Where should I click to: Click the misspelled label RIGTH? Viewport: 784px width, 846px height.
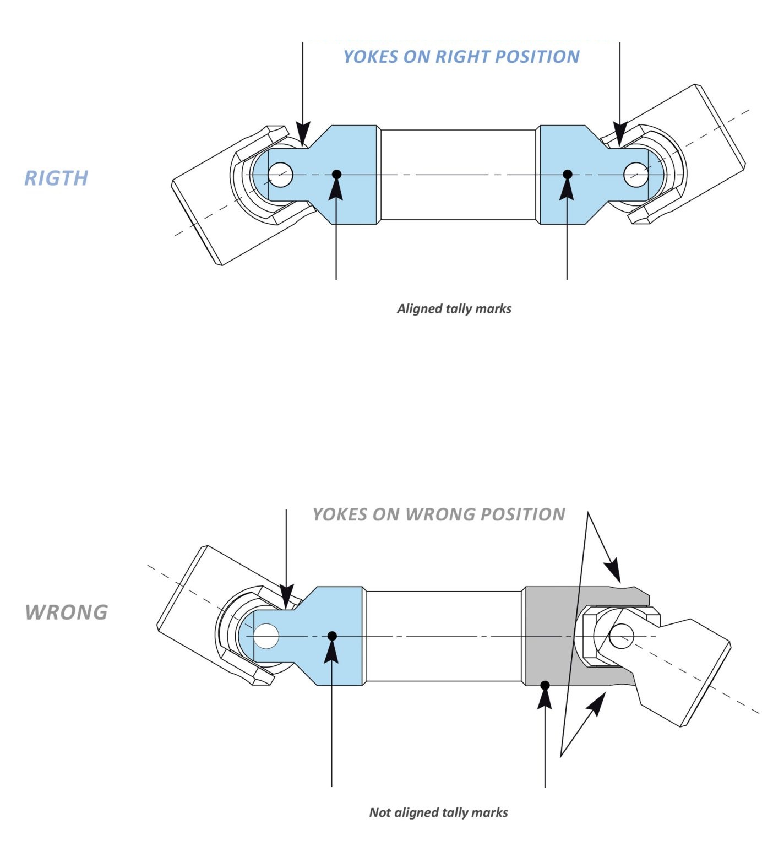pyautogui.click(x=56, y=178)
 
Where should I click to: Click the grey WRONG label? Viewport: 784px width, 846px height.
pyautogui.click(x=67, y=612)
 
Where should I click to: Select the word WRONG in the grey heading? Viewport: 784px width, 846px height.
pyautogui.click(x=440, y=514)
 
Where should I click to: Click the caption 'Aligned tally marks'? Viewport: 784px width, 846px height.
pyautogui.click(x=454, y=308)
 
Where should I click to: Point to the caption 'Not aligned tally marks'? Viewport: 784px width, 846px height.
pyautogui.click(x=439, y=812)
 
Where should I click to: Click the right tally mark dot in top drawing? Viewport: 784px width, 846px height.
pyautogui.click(x=568, y=175)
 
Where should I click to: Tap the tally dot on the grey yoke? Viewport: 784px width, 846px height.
pyautogui.click(x=545, y=686)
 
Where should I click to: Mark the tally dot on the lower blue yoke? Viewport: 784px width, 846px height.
pyautogui.click(x=332, y=636)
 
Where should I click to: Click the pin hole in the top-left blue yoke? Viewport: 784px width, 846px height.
pyautogui.click(x=280, y=175)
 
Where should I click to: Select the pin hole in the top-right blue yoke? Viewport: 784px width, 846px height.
pyautogui.click(x=636, y=175)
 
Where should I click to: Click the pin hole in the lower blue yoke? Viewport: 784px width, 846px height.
pyautogui.click(x=266, y=636)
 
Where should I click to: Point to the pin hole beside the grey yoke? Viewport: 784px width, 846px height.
pyautogui.click(x=622, y=636)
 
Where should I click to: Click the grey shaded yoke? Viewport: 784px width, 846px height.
pyautogui.click(x=551, y=636)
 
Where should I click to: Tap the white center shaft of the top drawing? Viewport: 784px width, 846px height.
pyautogui.click(x=458, y=175)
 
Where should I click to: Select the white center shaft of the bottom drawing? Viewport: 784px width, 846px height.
pyautogui.click(x=443, y=636)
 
